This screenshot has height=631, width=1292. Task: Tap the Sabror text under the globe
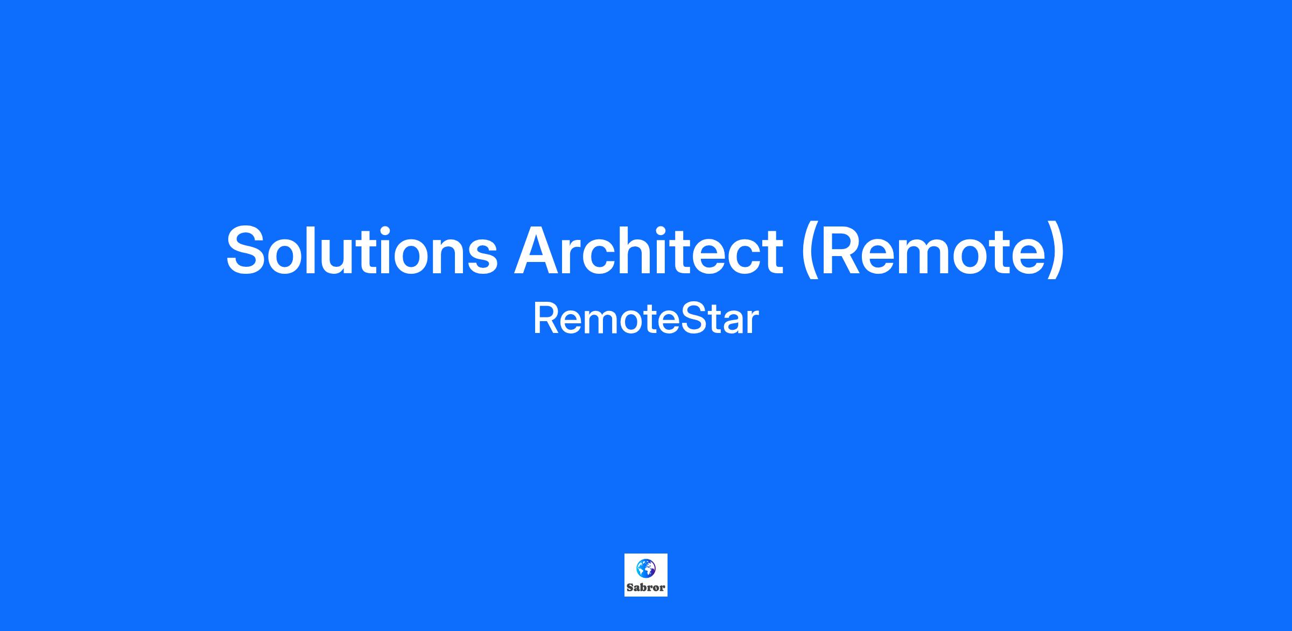pos(645,587)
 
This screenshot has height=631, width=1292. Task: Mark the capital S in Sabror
pos(630,587)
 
